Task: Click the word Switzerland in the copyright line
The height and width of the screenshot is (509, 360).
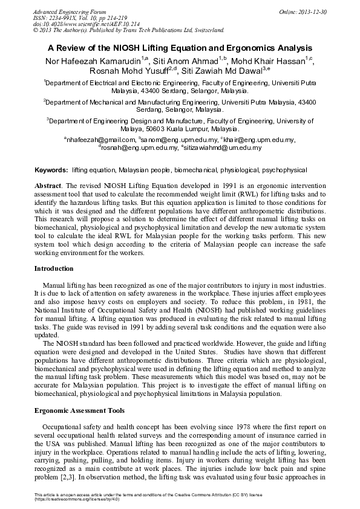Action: (208, 29)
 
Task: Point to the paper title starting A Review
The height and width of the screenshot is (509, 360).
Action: (180, 47)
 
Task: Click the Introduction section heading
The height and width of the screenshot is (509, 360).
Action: (54, 268)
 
